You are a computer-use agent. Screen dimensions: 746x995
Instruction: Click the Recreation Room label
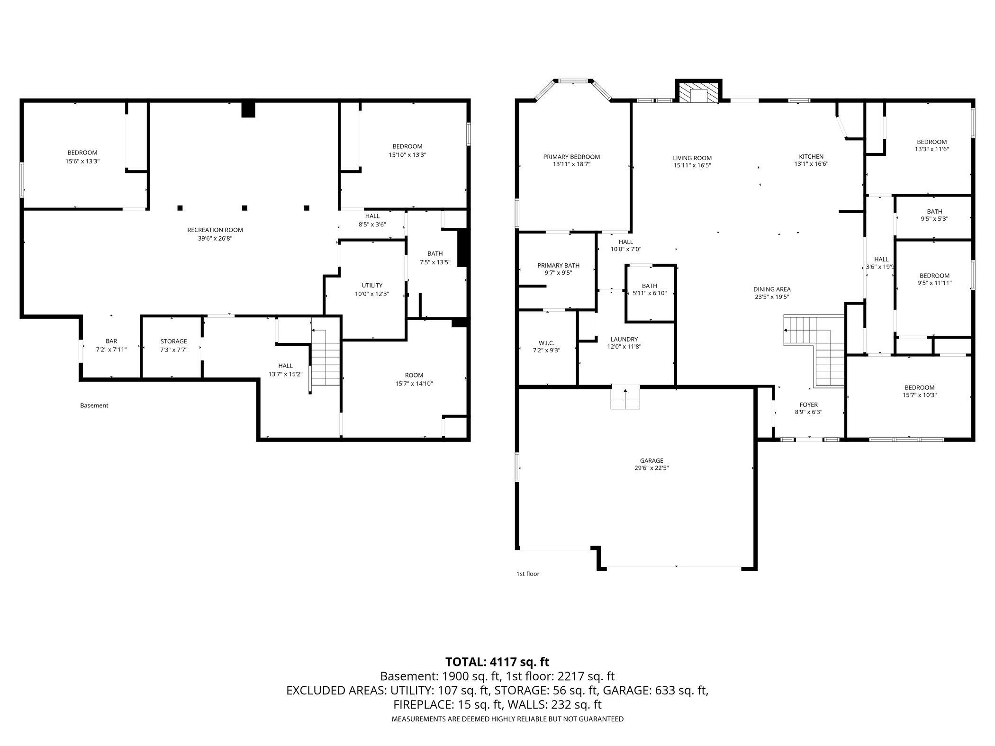tap(215, 230)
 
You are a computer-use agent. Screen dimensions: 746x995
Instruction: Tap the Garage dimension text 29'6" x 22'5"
tap(651, 468)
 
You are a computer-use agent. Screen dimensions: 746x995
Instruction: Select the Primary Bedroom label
tap(571, 157)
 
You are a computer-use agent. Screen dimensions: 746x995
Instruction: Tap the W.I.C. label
tap(546, 343)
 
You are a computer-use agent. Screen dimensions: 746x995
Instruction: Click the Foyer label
tap(808, 405)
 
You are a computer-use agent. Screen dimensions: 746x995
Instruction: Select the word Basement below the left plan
tap(94, 405)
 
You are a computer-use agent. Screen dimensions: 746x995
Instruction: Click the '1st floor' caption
tap(528, 574)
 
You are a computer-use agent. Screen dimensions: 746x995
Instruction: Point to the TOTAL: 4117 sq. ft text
tap(497, 662)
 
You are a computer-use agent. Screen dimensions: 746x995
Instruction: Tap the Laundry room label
tap(624, 340)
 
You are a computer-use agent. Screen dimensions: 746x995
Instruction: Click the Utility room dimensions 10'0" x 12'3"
tap(372, 294)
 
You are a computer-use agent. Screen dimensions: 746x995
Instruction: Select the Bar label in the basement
tap(111, 341)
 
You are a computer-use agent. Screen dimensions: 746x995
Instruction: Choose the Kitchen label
tap(811, 157)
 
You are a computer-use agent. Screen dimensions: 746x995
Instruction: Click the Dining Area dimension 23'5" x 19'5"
tap(772, 297)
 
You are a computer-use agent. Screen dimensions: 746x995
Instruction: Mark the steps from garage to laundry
tap(625, 398)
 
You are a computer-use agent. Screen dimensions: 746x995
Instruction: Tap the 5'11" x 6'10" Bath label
tap(650, 293)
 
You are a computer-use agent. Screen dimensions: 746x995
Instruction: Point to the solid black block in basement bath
tap(463, 249)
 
